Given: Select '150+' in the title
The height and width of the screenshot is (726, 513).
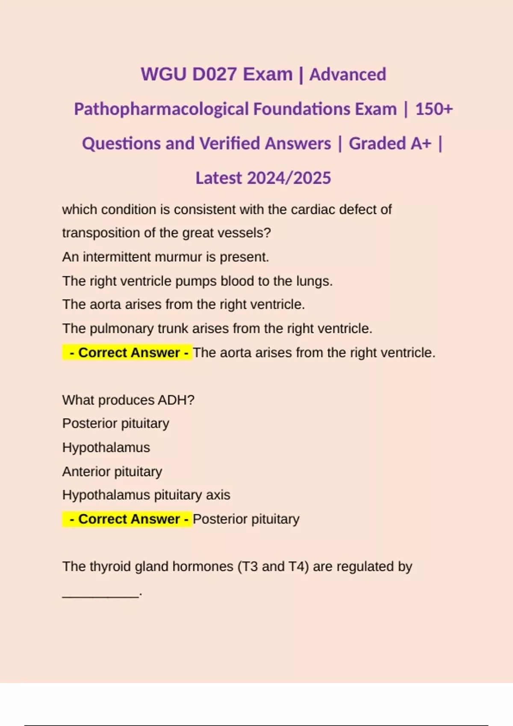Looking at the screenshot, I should click(434, 109).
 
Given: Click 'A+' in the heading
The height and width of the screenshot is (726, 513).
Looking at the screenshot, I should click(421, 143).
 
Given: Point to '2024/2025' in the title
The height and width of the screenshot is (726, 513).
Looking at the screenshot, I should click(289, 178).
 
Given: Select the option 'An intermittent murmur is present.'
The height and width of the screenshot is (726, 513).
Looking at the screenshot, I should click(165, 257).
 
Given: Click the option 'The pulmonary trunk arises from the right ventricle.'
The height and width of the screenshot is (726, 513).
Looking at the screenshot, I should click(217, 328).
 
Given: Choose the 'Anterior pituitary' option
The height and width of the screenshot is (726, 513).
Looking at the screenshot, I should click(112, 471).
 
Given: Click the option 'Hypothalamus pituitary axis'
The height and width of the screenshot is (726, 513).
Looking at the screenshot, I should click(146, 495).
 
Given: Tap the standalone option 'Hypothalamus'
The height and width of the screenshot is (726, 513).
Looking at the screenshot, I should click(106, 448).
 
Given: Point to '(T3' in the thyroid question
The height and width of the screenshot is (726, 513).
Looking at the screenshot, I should click(248, 567).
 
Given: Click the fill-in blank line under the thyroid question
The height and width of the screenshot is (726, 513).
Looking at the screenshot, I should click(101, 594).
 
